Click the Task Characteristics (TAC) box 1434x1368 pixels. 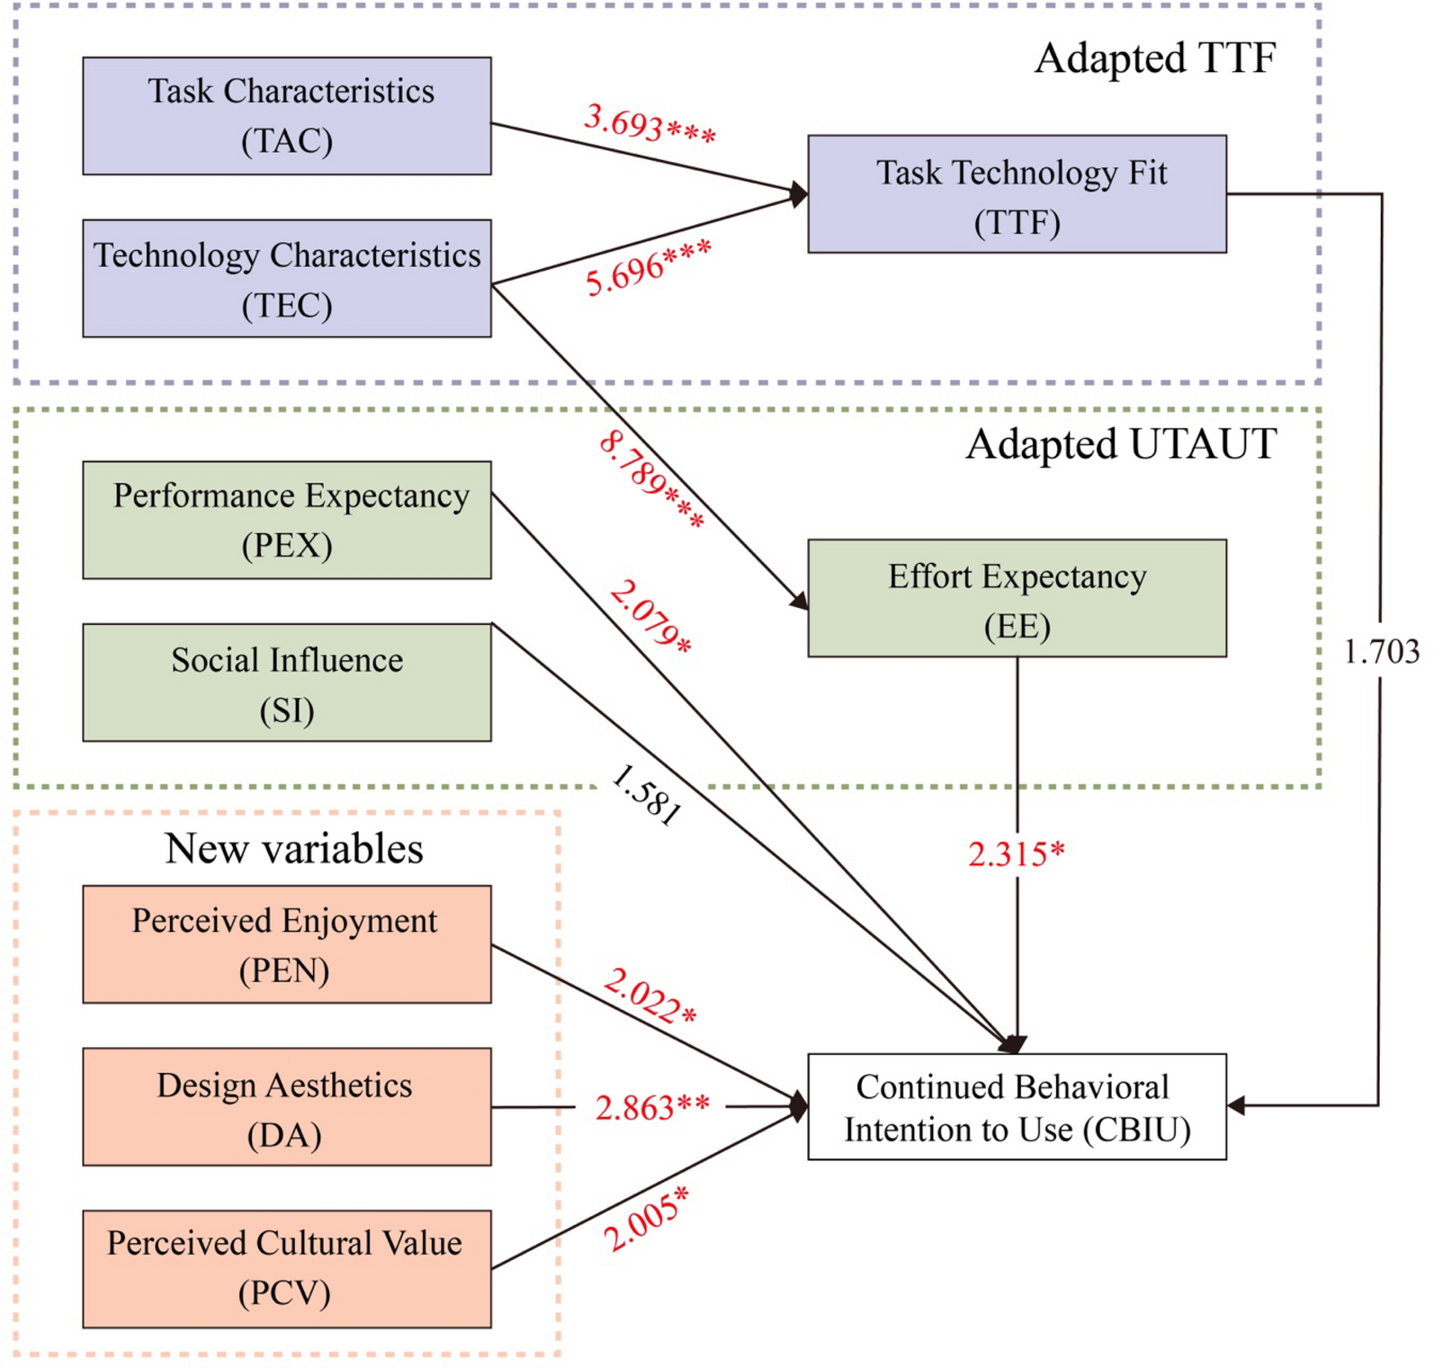(287, 116)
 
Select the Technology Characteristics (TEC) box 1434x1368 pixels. (287, 279)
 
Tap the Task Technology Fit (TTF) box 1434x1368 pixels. (1017, 194)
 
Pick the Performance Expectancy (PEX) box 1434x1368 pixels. (287, 520)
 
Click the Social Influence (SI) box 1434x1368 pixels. (287, 683)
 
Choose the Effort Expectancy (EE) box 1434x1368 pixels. (1017, 598)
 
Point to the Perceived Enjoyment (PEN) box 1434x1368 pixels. (287, 944)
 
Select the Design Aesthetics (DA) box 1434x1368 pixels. (287, 1107)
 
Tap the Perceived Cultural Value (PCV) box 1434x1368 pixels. (287, 1269)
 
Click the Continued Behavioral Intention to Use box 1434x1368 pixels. (1017, 1107)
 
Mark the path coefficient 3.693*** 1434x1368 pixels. (650, 124)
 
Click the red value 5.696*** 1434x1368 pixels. (649, 268)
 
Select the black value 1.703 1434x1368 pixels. (1381, 651)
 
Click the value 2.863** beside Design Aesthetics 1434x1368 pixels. (652, 1107)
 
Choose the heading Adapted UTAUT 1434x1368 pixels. (1121, 444)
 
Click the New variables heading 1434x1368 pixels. (294, 849)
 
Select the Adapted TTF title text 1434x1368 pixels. (1155, 58)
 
